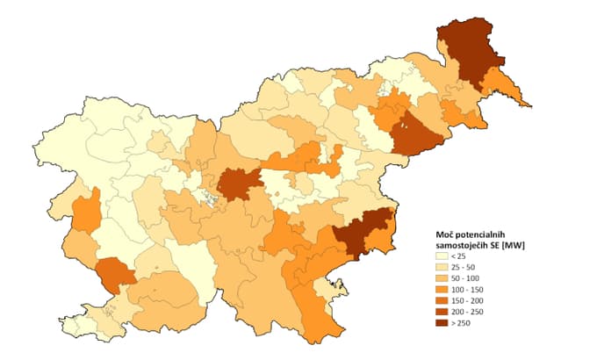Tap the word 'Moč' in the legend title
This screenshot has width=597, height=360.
click(445, 234)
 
